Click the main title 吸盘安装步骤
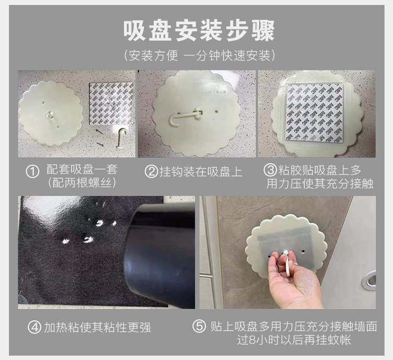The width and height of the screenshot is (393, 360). tap(199, 30)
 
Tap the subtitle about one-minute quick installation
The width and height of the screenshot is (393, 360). tap(199, 56)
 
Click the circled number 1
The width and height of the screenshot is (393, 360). tap(32, 172)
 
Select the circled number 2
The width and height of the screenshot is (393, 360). tap(151, 172)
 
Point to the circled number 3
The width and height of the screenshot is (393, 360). tap(270, 170)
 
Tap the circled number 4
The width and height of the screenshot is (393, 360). tap(35, 327)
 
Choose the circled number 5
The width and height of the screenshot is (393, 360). tap(199, 326)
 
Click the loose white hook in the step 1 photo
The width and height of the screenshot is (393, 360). tap(122, 139)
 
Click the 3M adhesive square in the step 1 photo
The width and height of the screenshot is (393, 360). tap(111, 104)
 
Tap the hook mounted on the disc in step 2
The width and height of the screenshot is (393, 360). tap(185, 118)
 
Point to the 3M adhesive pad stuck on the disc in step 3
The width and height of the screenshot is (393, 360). tap(314, 113)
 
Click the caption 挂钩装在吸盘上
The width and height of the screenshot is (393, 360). tap(201, 172)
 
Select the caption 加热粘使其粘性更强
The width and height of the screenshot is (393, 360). tap(97, 328)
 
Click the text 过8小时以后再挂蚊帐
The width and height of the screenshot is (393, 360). tap(294, 340)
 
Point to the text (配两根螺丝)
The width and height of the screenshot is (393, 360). tap(82, 183)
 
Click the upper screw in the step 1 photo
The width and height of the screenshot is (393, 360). tap(99, 131)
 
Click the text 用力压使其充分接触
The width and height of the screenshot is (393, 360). tap(320, 183)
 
